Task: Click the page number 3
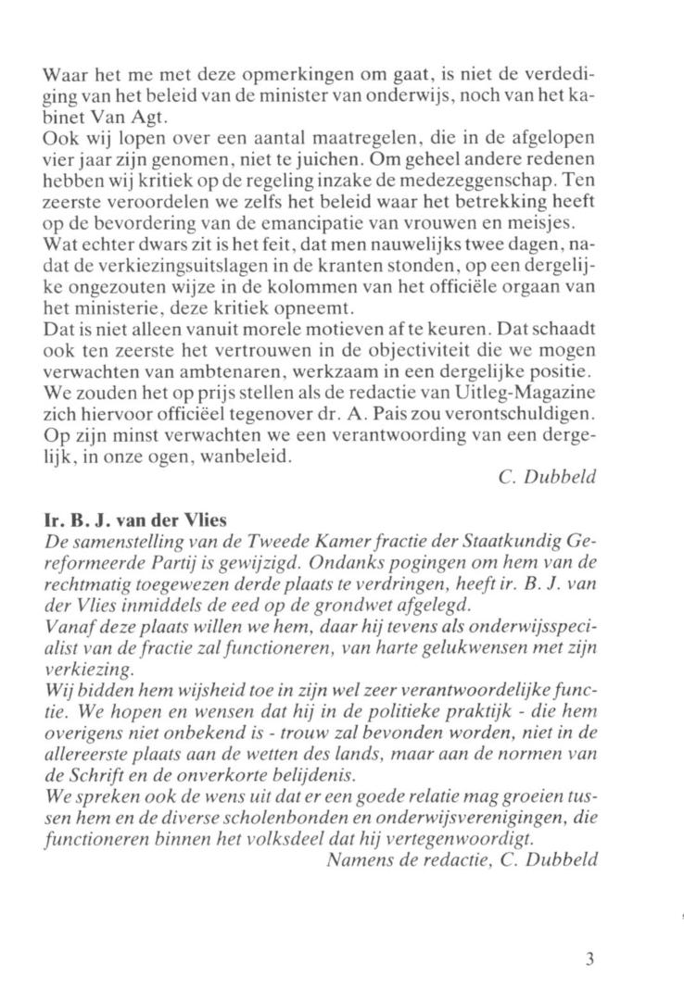point(589,959)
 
